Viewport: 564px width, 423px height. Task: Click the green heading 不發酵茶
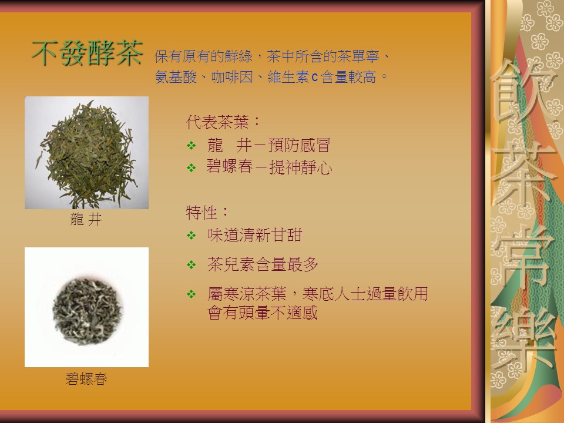(x=88, y=53)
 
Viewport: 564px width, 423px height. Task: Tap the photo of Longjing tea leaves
(x=87, y=153)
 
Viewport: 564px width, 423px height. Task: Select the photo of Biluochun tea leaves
(x=87, y=307)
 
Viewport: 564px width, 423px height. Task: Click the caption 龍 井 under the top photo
(x=86, y=219)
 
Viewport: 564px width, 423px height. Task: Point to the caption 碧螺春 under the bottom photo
(x=86, y=379)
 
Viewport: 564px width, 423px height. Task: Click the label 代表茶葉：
(x=223, y=122)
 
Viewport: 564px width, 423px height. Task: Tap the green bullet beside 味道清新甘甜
(x=192, y=236)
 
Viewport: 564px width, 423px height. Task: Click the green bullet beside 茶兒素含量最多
(x=192, y=265)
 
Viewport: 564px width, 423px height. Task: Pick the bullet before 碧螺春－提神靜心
(x=192, y=167)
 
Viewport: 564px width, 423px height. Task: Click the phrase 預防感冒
(x=299, y=145)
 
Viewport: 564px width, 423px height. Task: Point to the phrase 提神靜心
(x=301, y=167)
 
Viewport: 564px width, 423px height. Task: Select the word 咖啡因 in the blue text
(x=232, y=77)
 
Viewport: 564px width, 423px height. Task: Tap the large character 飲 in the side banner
(x=523, y=92)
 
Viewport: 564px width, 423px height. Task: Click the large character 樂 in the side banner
(x=523, y=340)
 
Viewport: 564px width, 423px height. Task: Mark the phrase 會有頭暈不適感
(x=263, y=313)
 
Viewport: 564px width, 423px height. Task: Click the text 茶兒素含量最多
(x=263, y=265)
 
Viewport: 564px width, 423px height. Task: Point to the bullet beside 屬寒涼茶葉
(x=192, y=294)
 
